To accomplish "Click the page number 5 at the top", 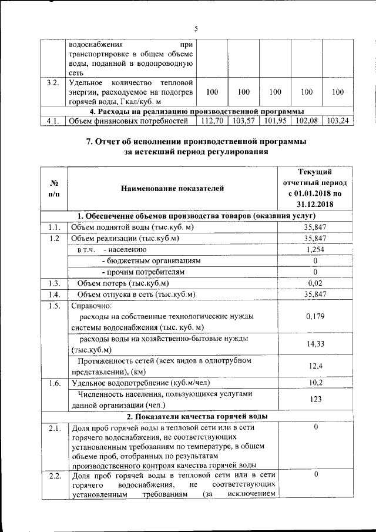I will coord(196,29).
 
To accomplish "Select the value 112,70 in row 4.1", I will coord(213,121).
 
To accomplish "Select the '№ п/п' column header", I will coord(53,188).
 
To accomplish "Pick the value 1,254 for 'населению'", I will coord(315,249).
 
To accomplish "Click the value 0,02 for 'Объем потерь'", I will coord(315,283).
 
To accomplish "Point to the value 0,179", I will coord(315,317).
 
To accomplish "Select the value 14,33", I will coord(315,344).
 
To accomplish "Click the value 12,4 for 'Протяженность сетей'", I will coord(315,366).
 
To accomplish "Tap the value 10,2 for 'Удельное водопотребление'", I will coord(315,383).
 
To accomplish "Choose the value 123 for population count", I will coord(315,400).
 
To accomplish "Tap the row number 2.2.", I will coord(54,476).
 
